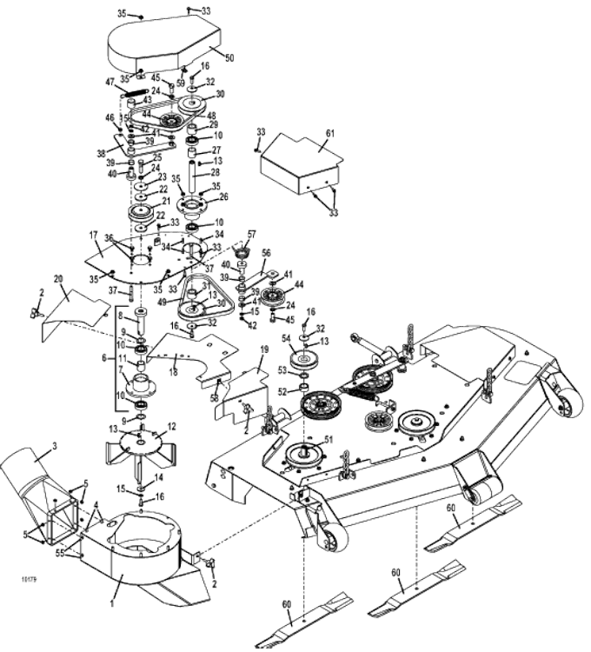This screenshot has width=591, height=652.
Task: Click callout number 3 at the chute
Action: click(x=54, y=446)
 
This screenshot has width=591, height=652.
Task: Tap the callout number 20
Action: click(x=59, y=279)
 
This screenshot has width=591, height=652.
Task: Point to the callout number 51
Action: click(x=327, y=439)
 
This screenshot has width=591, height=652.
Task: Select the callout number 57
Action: click(x=252, y=235)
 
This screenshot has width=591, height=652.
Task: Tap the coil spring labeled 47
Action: click(x=136, y=90)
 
